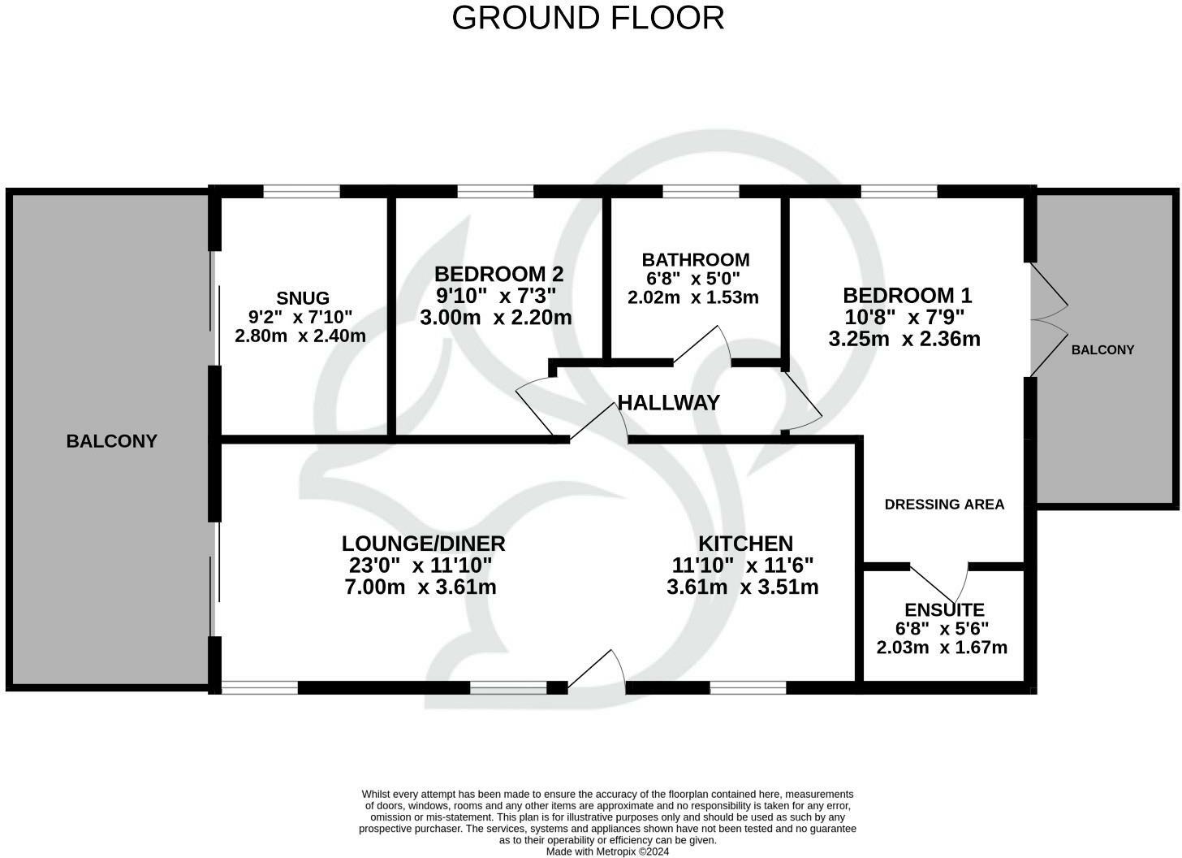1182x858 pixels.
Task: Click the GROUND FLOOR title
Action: click(x=588, y=18)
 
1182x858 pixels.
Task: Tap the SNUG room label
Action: click(x=302, y=298)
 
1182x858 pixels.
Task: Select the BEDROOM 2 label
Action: click(x=498, y=274)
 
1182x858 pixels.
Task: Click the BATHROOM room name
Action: click(x=695, y=260)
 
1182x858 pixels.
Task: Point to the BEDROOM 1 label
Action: click(x=907, y=295)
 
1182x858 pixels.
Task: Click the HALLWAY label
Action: click(x=668, y=402)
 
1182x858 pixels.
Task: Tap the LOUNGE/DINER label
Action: click(x=423, y=544)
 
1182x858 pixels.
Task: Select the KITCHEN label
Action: click(x=745, y=544)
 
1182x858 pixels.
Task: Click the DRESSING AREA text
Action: click(x=944, y=505)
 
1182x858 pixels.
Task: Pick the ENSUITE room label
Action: click(x=944, y=609)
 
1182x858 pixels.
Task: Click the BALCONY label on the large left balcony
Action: click(x=112, y=441)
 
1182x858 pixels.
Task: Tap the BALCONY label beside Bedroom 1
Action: click(x=1102, y=350)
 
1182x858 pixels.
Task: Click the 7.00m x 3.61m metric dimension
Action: click(x=421, y=587)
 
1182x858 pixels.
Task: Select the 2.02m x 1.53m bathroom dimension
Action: click(x=692, y=297)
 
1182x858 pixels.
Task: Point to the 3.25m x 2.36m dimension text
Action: click(x=904, y=339)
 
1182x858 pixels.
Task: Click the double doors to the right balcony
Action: click(x=1048, y=320)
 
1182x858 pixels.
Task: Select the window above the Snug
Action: click(x=301, y=192)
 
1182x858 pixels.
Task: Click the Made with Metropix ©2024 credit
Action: click(x=607, y=851)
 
